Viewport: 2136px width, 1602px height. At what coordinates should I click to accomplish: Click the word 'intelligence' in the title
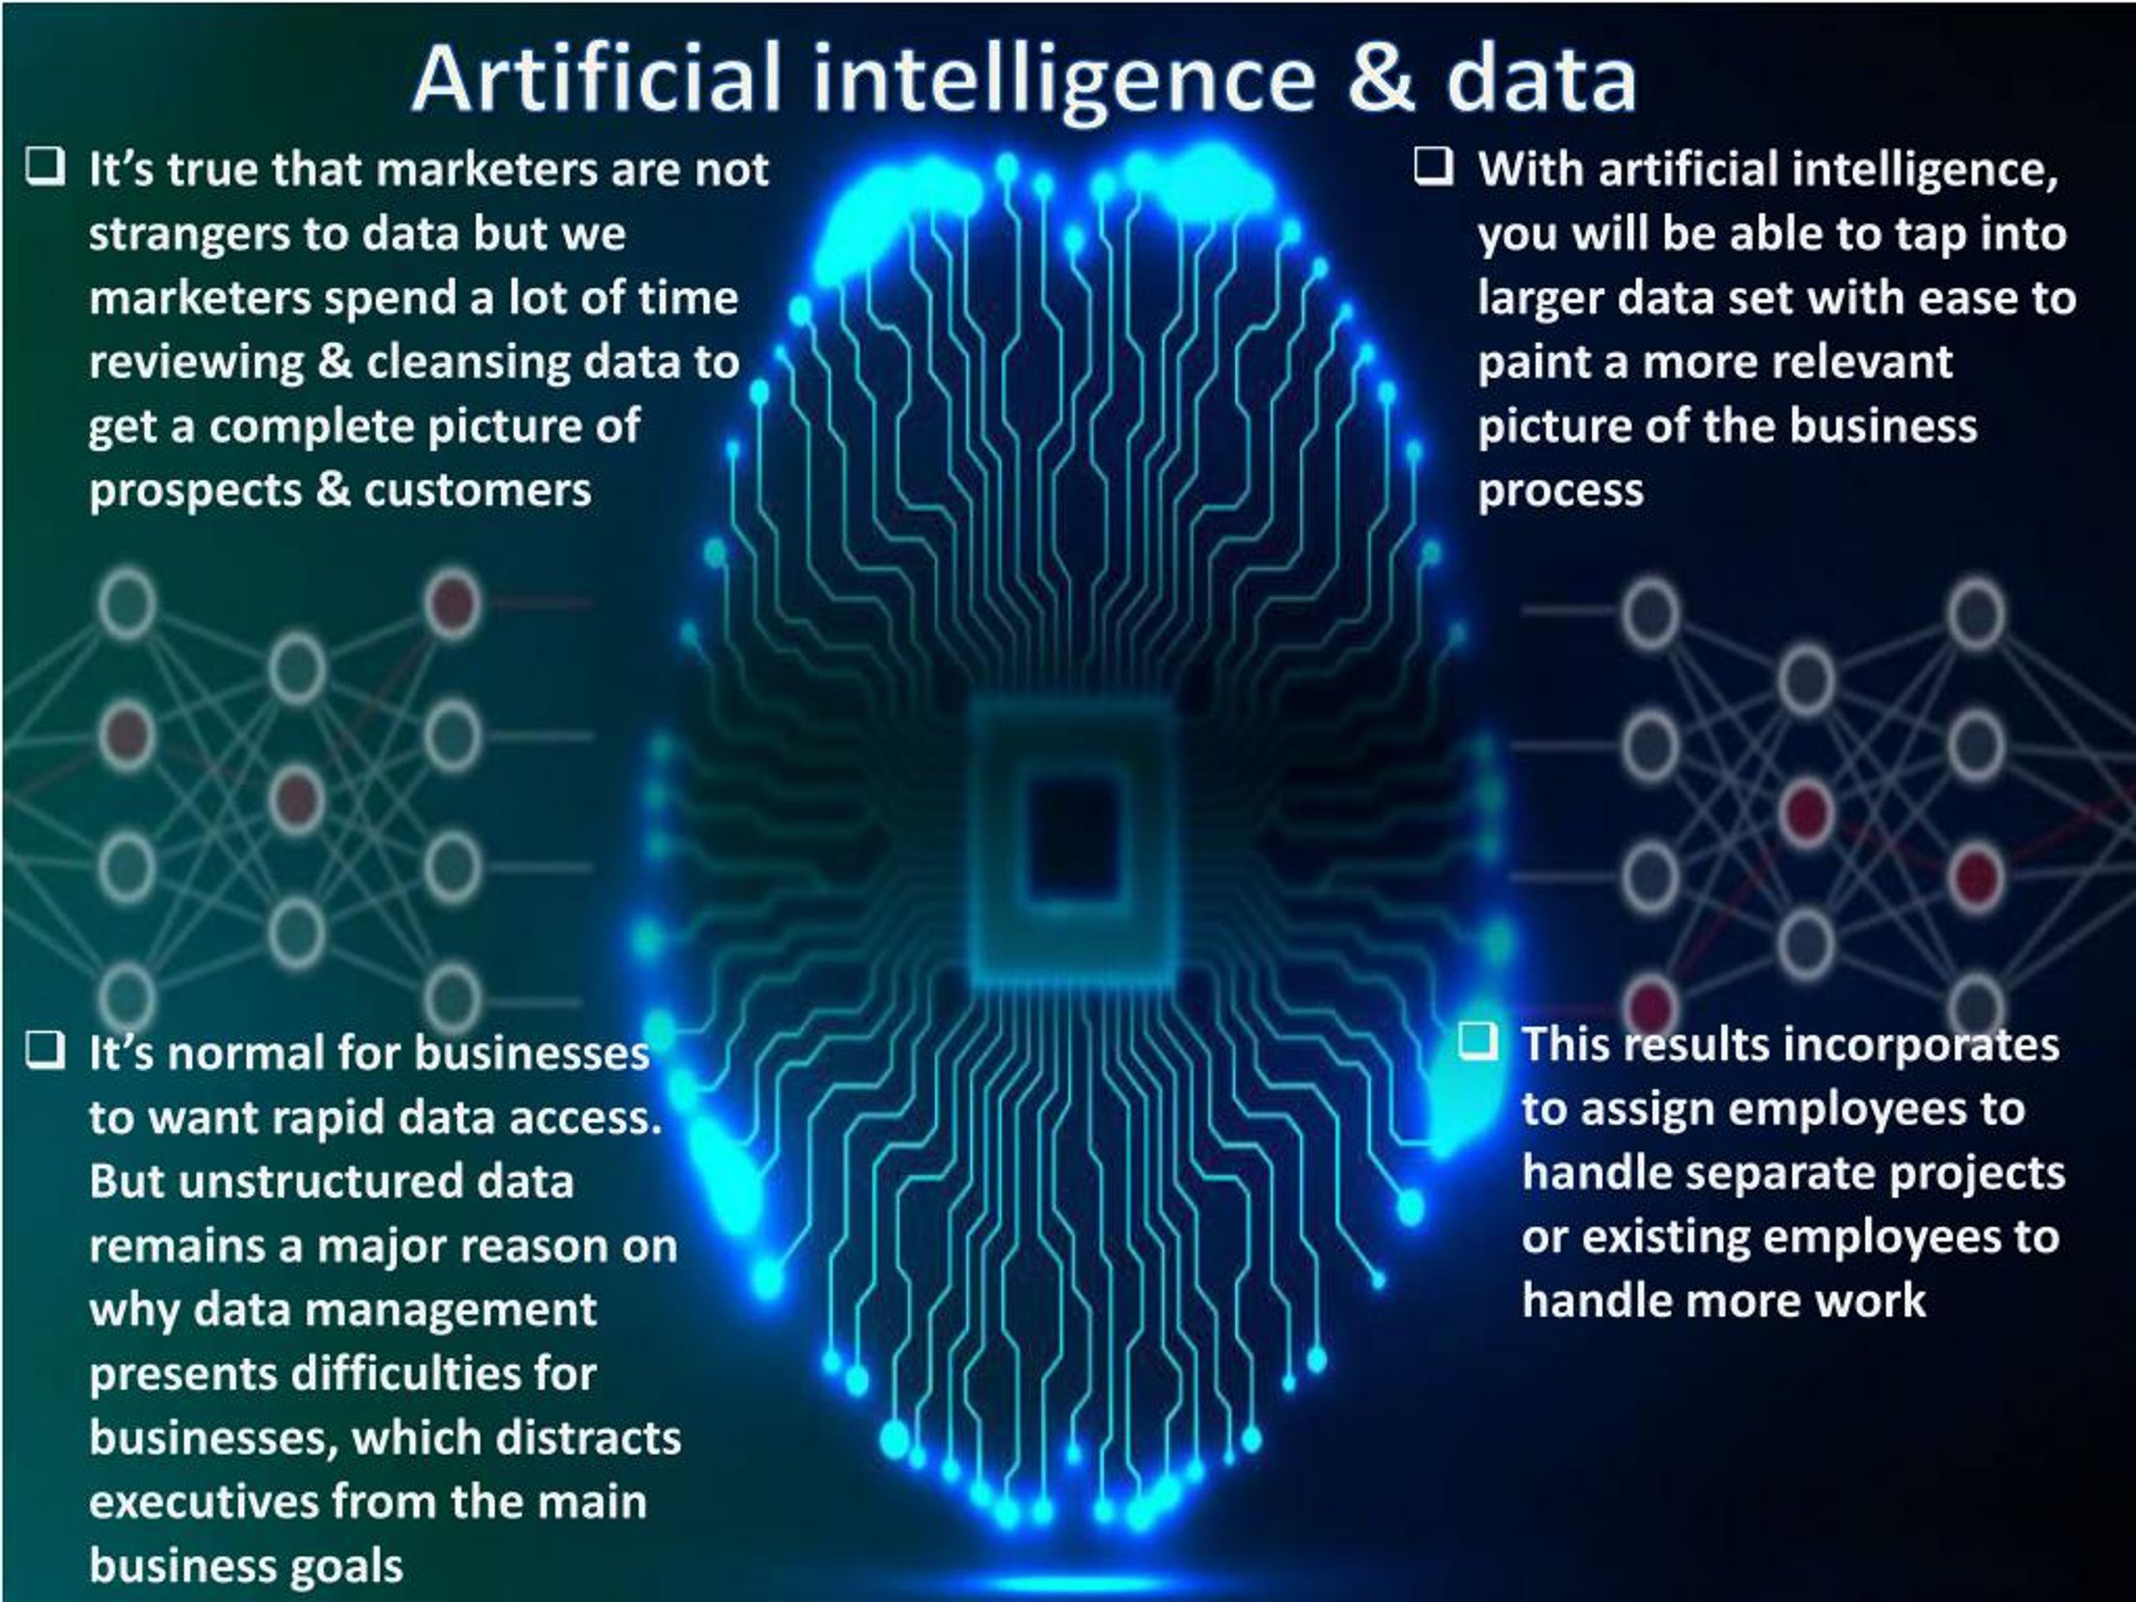1063,81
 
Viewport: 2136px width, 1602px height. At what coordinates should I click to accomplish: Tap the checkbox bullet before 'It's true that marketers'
45,166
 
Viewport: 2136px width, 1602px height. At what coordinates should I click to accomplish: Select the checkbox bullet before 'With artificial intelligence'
1433,166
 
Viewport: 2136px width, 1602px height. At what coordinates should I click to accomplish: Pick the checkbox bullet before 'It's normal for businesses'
45,1050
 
